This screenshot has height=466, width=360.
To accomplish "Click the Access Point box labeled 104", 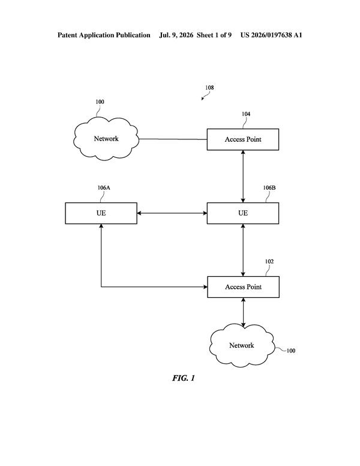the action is tap(242, 139).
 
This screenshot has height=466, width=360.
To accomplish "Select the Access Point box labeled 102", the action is tap(243, 287).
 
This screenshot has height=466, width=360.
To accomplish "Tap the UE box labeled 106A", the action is tap(101, 213).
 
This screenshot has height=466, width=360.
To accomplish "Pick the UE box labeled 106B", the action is tap(242, 213).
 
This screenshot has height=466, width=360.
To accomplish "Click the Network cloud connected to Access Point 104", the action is tap(106, 139).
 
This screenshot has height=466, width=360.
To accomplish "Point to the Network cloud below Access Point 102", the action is tap(241, 345).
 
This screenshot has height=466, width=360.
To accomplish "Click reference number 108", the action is tap(209, 88).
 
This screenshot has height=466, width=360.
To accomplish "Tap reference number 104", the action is tap(246, 114).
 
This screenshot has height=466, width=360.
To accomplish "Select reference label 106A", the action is tap(104, 187).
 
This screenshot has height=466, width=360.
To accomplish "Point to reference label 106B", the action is tap(269, 187).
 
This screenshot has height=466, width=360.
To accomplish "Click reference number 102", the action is tap(269, 261).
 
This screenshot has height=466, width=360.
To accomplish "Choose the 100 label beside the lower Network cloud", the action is tap(291, 351).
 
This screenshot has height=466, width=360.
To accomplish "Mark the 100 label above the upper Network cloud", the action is tap(100, 101).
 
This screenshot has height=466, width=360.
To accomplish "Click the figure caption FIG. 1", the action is tap(183, 378).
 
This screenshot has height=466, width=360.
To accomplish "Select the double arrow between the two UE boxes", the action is tap(172, 213).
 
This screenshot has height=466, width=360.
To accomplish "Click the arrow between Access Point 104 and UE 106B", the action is tap(243, 176).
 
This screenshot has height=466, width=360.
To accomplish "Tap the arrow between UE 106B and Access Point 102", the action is tap(243, 250).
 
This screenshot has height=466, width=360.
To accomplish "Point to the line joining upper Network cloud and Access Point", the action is tap(173, 139).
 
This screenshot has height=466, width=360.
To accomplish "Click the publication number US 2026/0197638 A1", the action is tap(271, 35).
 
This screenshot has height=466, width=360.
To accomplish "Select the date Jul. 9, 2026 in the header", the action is tap(176, 35).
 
